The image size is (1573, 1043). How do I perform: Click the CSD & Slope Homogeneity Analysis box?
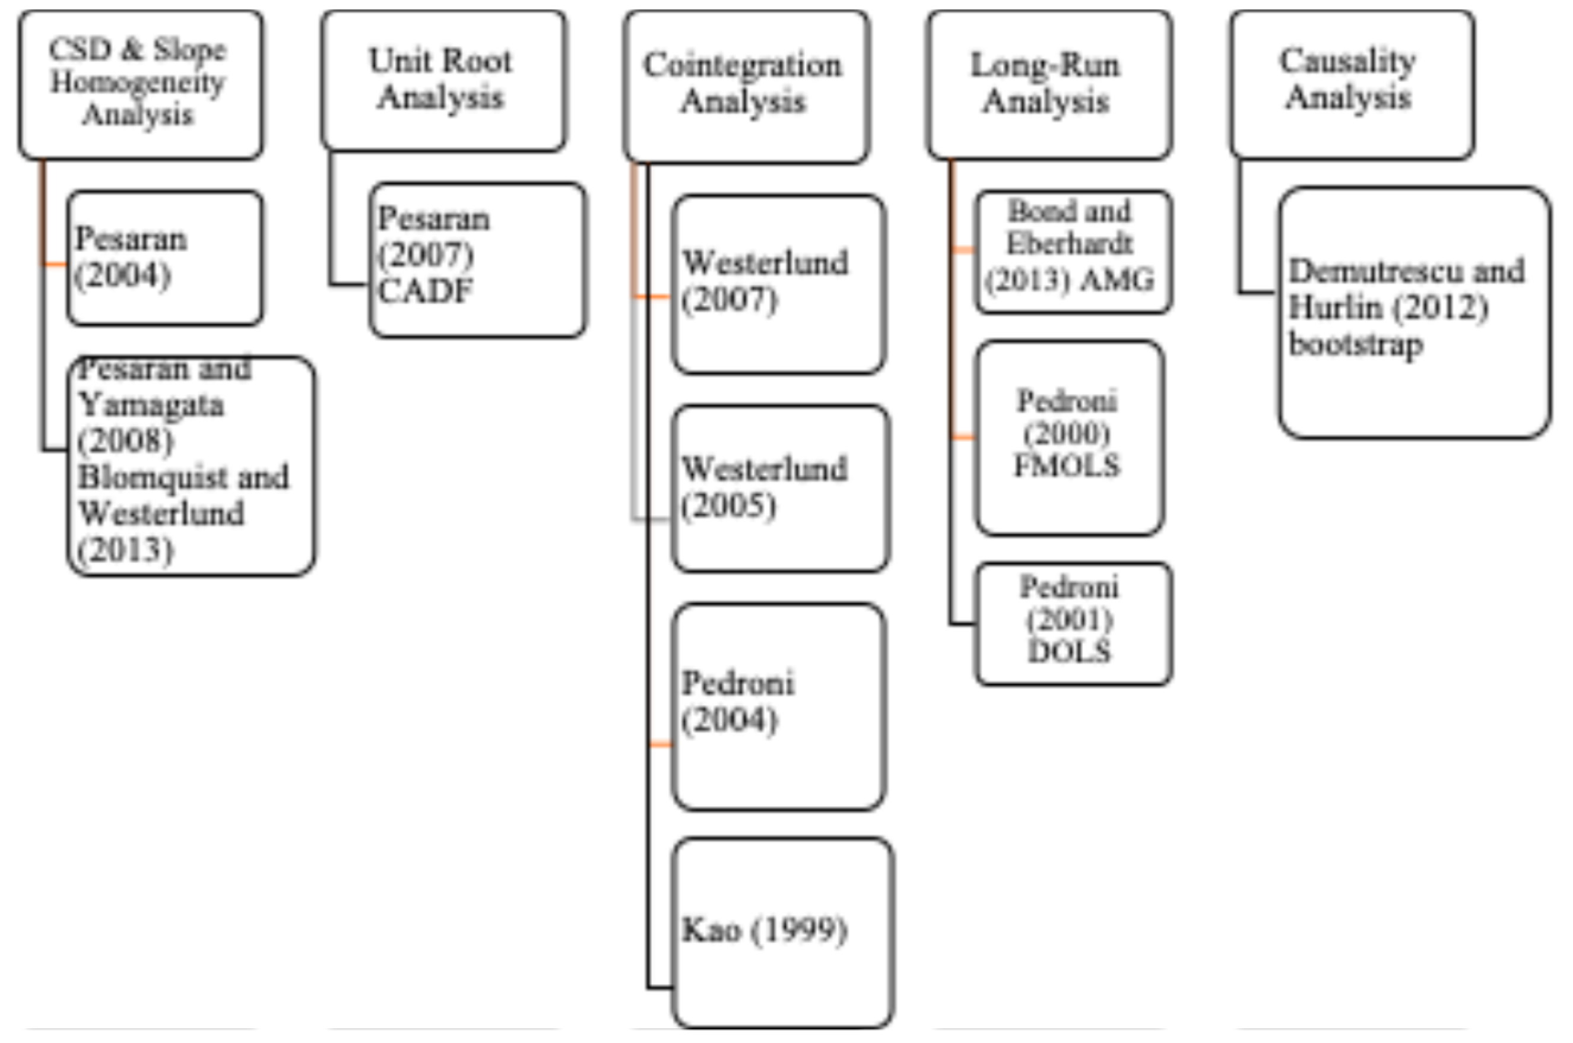click(139, 84)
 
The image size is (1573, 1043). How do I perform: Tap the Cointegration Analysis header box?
click(746, 86)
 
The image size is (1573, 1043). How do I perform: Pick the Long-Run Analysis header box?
click(1049, 84)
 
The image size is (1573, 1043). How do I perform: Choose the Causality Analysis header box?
click(1352, 84)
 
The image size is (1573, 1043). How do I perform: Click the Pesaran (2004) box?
click(164, 258)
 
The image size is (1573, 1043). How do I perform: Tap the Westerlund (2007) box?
click(778, 284)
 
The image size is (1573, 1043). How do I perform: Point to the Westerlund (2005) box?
click(779, 488)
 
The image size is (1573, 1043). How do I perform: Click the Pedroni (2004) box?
click(778, 706)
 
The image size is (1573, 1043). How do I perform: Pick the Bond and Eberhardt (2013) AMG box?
click(1072, 251)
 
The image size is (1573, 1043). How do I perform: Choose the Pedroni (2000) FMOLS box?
click(1070, 437)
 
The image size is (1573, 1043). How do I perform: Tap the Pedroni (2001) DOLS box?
click(1072, 623)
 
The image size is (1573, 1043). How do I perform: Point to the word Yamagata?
click(151, 404)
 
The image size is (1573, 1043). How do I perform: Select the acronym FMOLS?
click(1067, 465)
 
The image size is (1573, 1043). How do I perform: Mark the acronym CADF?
click(426, 291)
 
